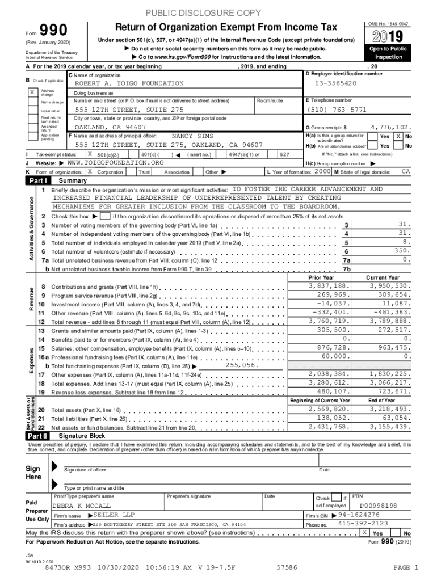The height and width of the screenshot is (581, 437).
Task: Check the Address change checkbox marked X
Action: [32, 91]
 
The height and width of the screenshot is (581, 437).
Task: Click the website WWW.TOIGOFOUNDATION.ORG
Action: [112, 162]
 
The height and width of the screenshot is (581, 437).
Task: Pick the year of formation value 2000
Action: [323, 171]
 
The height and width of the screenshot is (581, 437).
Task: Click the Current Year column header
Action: [383, 277]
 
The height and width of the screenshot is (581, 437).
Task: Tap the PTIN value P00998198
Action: [379, 506]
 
